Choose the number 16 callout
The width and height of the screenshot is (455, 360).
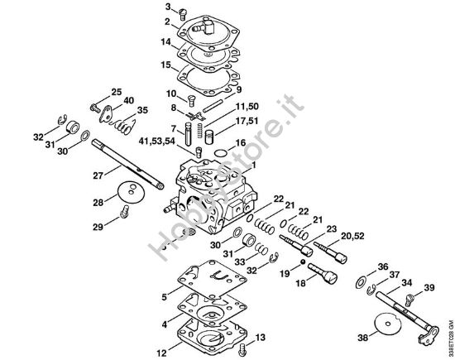click(x=242, y=143)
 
